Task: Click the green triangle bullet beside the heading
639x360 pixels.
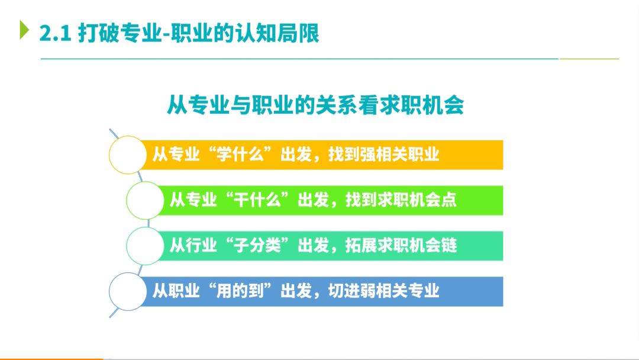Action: click(24, 30)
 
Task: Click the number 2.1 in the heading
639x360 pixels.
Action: click(56, 33)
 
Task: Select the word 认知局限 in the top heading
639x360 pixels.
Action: click(277, 33)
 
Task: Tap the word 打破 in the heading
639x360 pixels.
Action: click(99, 33)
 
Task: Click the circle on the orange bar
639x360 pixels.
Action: click(128, 155)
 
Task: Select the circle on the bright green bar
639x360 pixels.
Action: click(145, 201)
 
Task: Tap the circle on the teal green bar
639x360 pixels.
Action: click(145, 246)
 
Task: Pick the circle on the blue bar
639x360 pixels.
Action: click(128, 291)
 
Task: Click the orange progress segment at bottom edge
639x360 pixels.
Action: click(51, 359)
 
